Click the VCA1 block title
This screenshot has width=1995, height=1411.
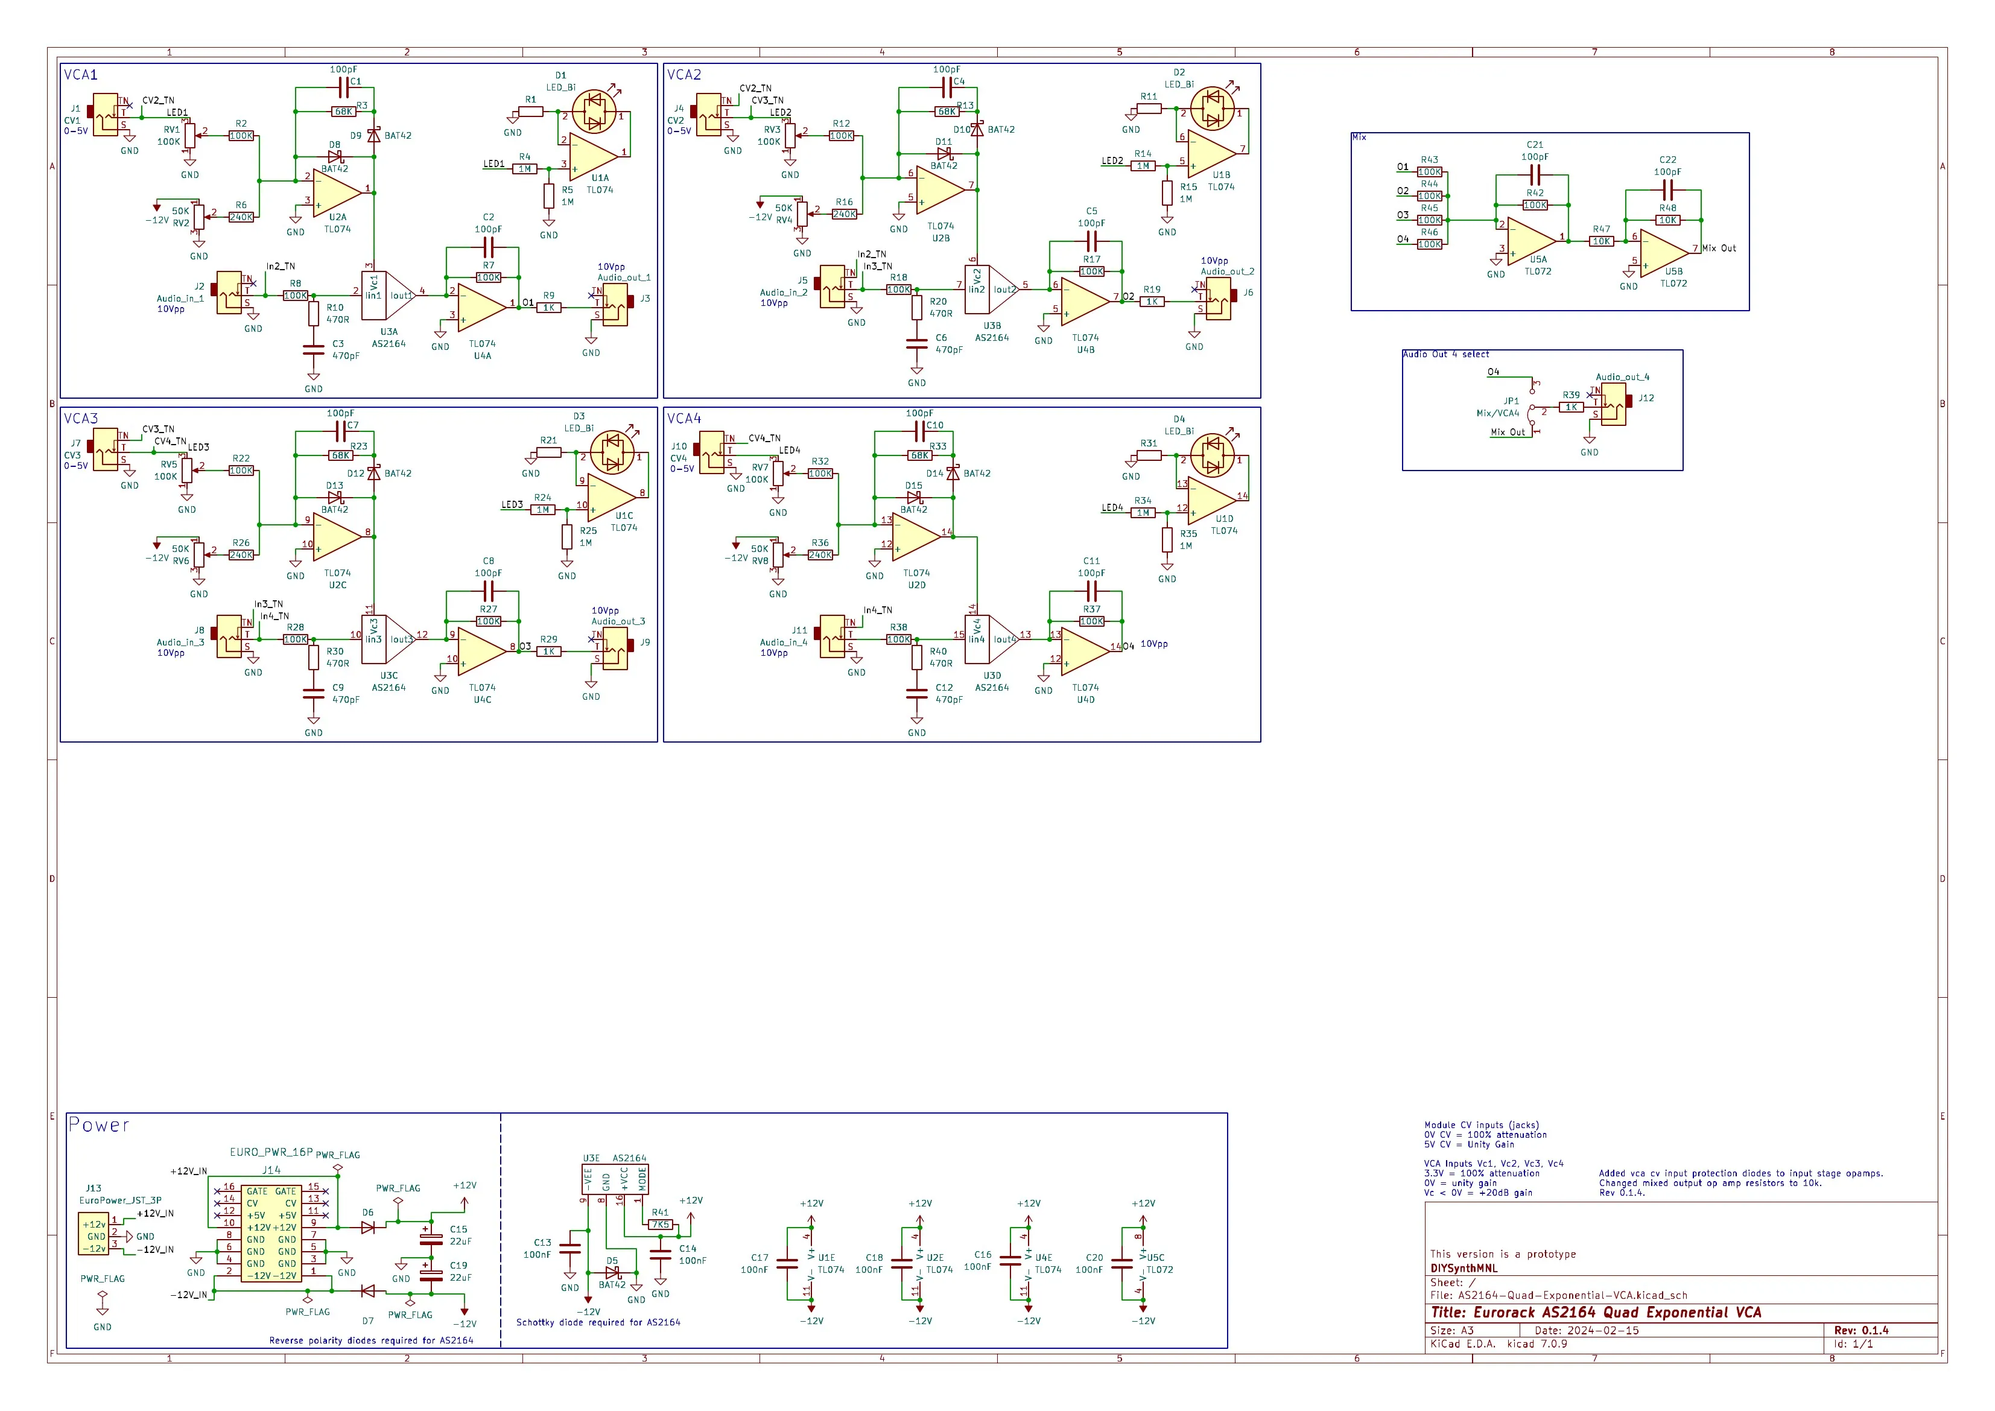click(80, 75)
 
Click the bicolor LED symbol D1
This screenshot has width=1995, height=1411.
click(595, 111)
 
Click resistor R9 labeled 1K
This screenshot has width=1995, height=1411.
click(548, 308)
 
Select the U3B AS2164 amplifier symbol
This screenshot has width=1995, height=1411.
click(991, 290)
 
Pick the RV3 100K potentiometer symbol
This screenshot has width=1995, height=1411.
click(790, 136)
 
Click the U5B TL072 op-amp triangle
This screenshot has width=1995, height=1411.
click(1662, 253)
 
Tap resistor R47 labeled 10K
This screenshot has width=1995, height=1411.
click(1602, 241)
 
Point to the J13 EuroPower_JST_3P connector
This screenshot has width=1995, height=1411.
click(94, 1235)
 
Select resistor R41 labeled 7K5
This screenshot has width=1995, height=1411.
click(661, 1224)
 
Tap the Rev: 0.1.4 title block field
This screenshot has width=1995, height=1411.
click(1860, 1330)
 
